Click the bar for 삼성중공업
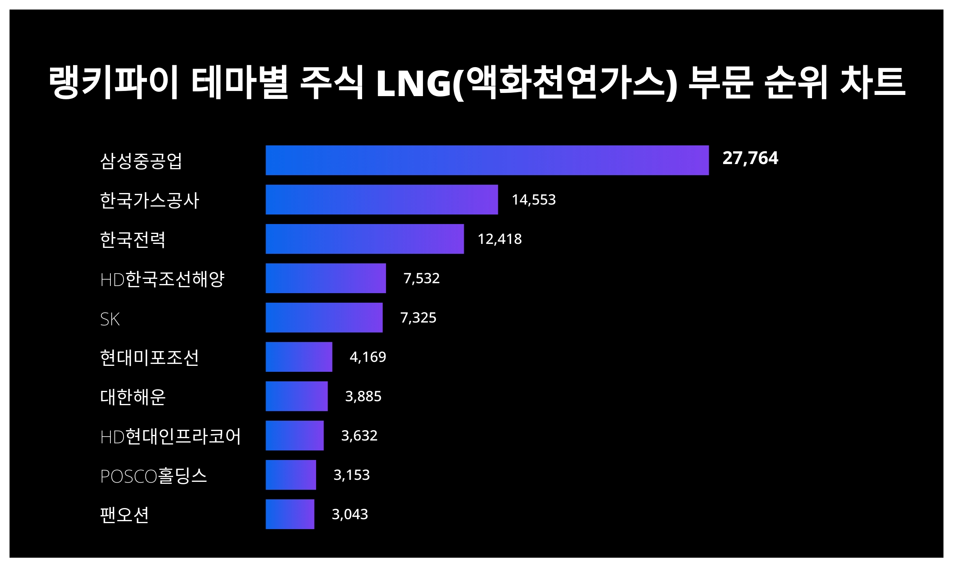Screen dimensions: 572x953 click(487, 160)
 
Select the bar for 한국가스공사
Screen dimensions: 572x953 click(382, 199)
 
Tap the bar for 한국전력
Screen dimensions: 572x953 click(365, 239)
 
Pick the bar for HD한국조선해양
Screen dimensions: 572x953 click(326, 278)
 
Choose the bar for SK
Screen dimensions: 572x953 click(324, 317)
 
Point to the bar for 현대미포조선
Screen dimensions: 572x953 click(299, 357)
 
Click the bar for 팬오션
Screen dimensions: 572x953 click(290, 514)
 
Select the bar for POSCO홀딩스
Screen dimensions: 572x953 click(291, 475)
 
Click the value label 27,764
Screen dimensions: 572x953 click(750, 158)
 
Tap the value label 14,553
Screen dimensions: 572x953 click(534, 199)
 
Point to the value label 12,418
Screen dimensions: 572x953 click(500, 239)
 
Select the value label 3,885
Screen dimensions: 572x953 click(363, 396)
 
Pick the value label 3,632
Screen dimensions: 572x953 click(359, 435)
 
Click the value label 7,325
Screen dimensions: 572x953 click(418, 317)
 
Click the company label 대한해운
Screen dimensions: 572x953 click(133, 396)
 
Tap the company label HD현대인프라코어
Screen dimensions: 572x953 click(170, 436)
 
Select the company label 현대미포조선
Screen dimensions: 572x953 click(149, 357)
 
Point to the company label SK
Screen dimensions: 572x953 click(110, 319)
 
